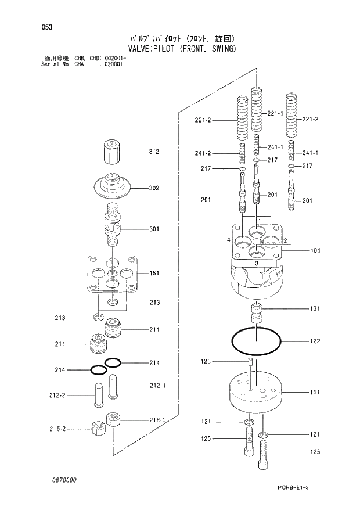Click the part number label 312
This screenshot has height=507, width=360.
153,152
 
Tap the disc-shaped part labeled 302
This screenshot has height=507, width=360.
113,186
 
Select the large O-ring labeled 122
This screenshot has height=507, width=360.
256,341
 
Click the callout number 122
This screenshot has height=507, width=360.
314,341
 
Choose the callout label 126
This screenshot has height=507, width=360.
206,362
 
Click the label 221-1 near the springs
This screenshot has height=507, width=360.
275,113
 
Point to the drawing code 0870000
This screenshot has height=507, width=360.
62,481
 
